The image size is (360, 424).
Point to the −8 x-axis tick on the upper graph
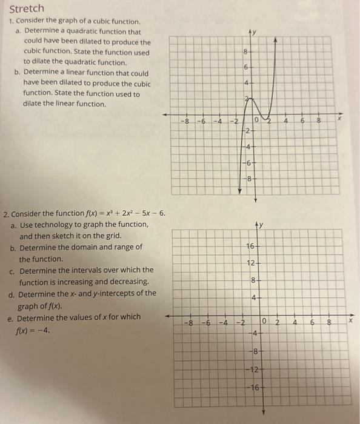[187, 122]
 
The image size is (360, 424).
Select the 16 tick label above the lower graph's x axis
[250, 247]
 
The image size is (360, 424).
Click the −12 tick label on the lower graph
[255, 369]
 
